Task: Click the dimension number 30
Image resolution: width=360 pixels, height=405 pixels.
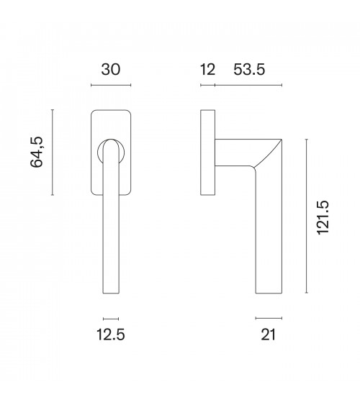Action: (x=111, y=70)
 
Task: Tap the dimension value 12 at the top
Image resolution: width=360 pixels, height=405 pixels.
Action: (x=207, y=70)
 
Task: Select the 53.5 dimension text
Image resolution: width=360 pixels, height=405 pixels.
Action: (x=249, y=70)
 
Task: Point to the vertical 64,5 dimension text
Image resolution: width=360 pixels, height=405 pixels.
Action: (x=37, y=152)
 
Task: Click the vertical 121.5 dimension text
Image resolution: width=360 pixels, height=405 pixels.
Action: (x=323, y=217)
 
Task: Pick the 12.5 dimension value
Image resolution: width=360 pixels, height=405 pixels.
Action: (x=111, y=335)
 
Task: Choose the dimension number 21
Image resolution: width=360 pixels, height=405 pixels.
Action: (x=269, y=335)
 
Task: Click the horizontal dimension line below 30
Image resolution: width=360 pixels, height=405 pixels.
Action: (x=111, y=85)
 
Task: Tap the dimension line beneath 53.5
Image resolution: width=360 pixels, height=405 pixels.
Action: (x=248, y=85)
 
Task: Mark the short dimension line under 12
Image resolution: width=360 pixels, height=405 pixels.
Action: (x=208, y=85)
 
